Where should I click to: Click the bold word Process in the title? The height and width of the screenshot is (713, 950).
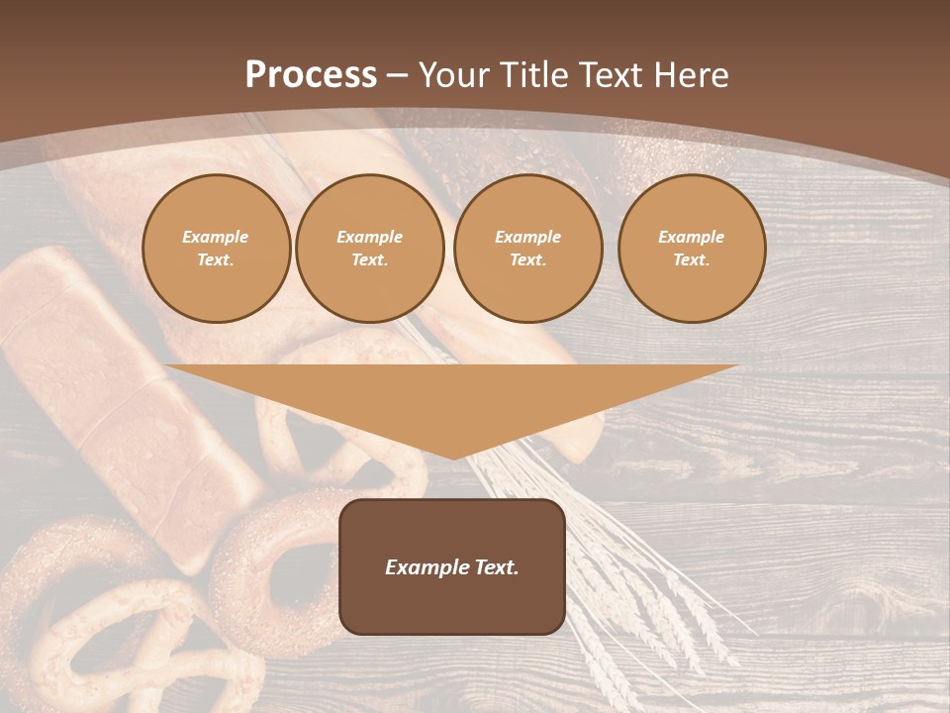311,75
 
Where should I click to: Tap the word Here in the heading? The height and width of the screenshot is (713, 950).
691,75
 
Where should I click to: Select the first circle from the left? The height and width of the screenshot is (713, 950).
217,249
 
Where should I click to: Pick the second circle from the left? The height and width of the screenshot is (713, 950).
370,249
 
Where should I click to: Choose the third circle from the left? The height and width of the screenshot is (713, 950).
528,249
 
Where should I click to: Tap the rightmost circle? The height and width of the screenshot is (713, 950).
692,249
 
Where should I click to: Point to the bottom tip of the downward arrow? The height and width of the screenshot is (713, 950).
452,457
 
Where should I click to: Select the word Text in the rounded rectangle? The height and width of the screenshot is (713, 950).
496,567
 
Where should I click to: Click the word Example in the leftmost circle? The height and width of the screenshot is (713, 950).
216,237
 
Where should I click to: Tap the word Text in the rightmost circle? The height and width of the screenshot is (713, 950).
691,260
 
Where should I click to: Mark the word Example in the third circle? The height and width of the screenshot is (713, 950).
528,237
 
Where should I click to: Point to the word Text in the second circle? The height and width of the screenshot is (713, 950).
369,260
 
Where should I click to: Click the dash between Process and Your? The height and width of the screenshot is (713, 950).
397,75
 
